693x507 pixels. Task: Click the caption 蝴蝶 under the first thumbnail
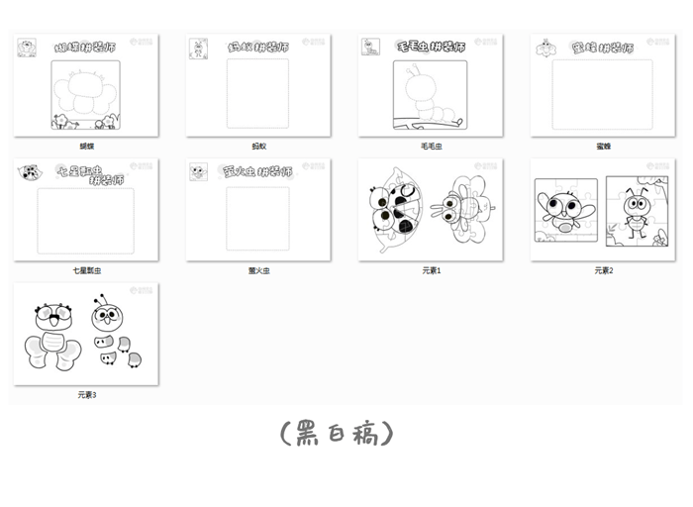(87, 146)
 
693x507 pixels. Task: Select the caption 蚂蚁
(258, 146)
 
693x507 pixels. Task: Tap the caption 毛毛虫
(431, 146)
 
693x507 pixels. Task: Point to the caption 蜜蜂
(603, 146)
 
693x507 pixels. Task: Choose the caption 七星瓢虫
(87, 269)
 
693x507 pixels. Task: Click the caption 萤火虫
(258, 269)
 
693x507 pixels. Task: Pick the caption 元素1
(431, 269)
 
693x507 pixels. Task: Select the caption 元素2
(603, 269)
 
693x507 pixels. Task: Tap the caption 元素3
(87, 394)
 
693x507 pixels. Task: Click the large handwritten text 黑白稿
(337, 434)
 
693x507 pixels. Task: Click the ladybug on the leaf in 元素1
(394, 210)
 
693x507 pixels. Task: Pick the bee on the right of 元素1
(464, 208)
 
